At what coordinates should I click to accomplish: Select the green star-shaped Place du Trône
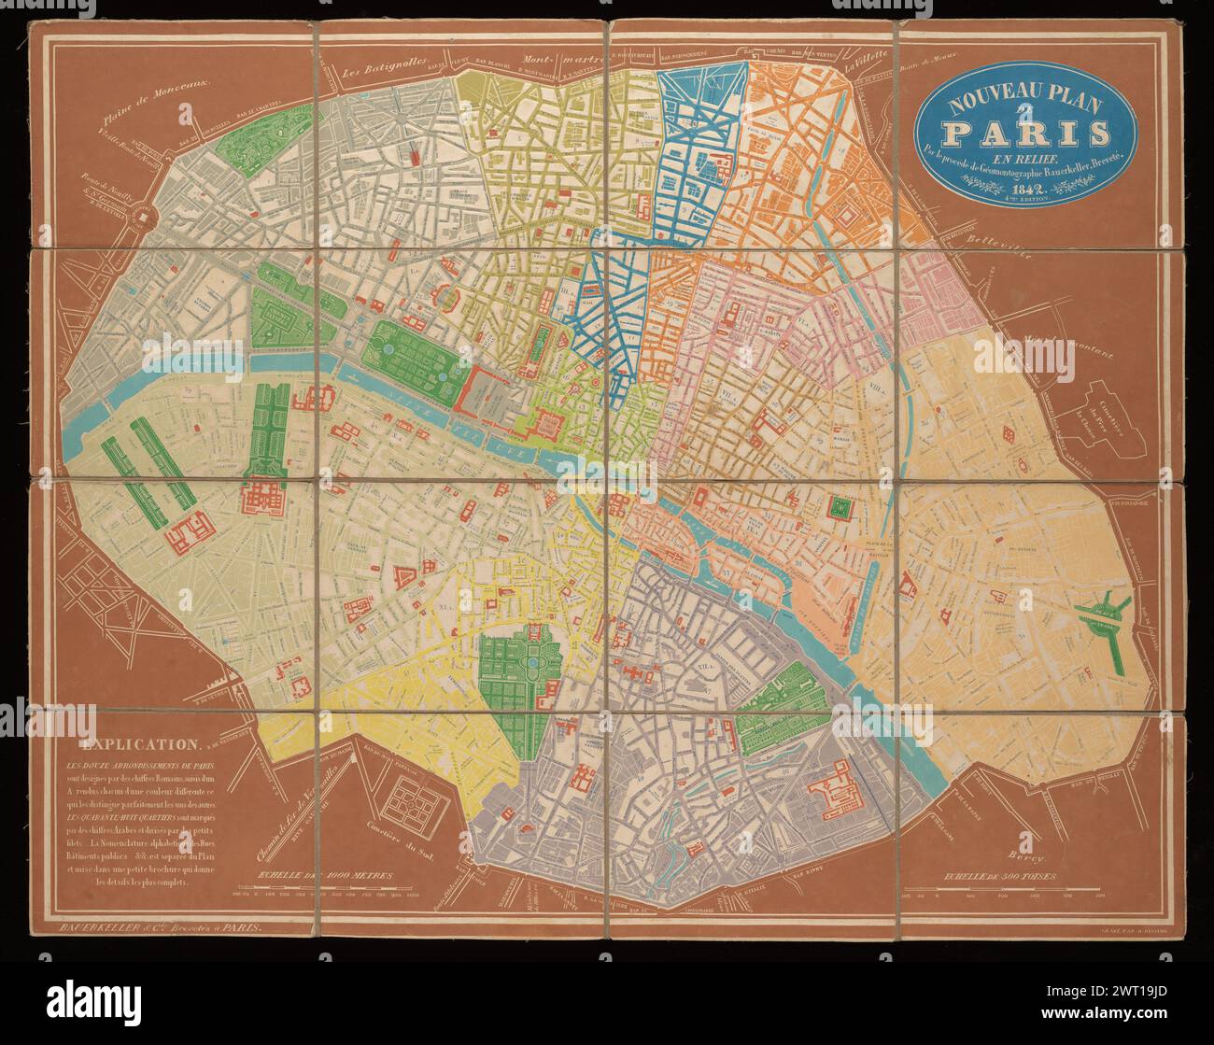(x=1102, y=618)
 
